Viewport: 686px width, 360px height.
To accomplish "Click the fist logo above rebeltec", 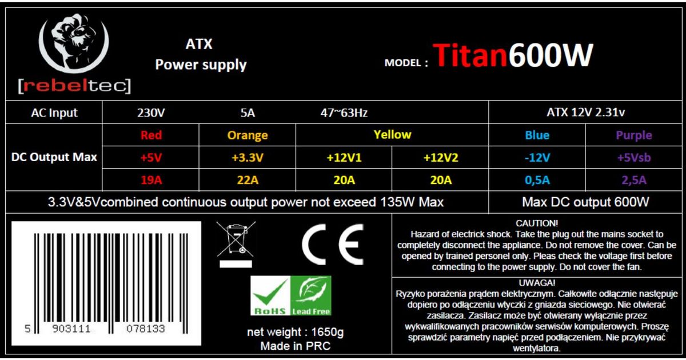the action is click(74, 42).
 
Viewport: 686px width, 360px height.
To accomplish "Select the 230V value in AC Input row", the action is click(151, 113).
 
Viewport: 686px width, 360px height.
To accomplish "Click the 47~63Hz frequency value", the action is click(344, 113).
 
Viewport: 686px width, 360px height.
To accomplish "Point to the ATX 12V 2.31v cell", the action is click(585, 113).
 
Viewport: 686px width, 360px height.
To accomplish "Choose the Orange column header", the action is click(248, 135).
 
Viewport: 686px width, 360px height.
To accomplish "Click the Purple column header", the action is click(634, 135).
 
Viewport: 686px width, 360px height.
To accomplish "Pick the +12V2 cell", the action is click(441, 157).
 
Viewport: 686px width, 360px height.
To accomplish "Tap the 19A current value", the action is click(151, 179).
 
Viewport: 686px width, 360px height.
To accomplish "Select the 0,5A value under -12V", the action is click(537, 180).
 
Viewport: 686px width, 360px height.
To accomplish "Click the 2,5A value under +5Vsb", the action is click(634, 180).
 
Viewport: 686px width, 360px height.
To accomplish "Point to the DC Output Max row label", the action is click(54, 157).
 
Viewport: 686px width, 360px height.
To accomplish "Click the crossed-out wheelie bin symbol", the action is click(236, 244).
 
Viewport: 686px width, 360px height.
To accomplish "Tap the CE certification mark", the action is click(333, 244).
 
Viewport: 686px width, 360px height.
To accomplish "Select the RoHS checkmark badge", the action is click(270, 296).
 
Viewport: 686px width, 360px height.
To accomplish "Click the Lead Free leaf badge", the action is click(310, 296).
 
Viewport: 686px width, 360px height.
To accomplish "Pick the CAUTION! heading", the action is click(537, 223).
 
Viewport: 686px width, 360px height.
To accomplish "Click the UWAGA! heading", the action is click(537, 282).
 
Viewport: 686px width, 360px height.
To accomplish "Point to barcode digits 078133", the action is click(146, 329).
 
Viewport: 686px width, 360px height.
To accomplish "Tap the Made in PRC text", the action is click(295, 346).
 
